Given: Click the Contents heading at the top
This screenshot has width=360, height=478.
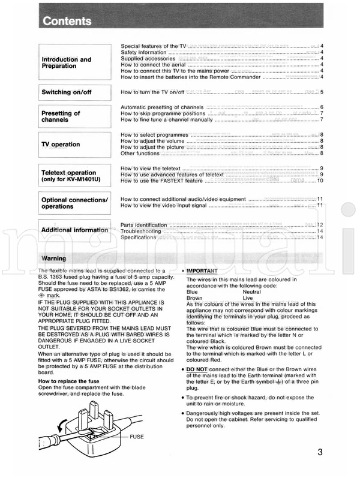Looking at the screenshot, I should pyautogui.click(x=67, y=22).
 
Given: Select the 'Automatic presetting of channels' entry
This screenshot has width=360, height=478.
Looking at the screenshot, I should pyautogui.click(x=163, y=107).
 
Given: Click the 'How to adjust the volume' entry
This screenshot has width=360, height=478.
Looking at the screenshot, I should pyautogui.click(x=155, y=141).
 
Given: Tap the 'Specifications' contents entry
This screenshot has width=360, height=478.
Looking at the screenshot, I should pyautogui.click(x=139, y=238).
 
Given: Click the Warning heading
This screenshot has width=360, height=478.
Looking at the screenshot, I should pyautogui.click(x=54, y=258).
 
